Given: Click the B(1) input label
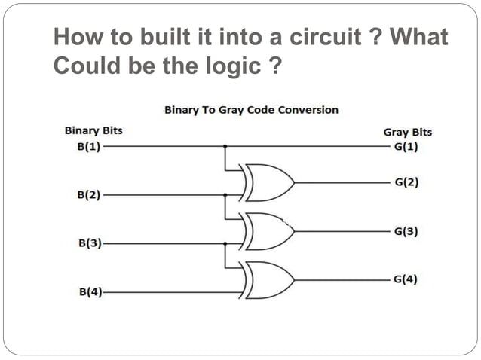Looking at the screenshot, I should [x=90, y=146].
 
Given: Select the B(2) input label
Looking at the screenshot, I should [x=90, y=195].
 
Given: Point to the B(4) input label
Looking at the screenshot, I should [x=90, y=291].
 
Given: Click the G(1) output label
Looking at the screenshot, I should [x=406, y=146].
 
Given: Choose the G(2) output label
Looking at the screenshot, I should [x=406, y=183].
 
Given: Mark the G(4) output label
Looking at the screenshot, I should [x=406, y=280].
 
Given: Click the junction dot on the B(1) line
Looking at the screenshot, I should [x=225, y=146].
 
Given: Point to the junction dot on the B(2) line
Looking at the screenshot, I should [x=225, y=194].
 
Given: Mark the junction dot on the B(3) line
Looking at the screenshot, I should [x=225, y=243].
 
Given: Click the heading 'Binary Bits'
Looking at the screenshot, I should [x=93, y=130].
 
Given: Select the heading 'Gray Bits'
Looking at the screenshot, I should [x=408, y=132].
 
